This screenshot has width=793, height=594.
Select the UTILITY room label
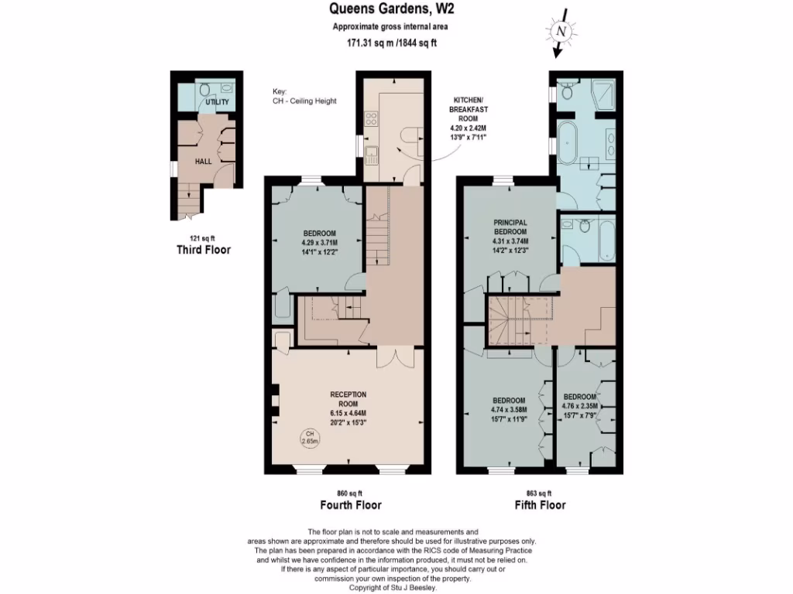pyautogui.click(x=217, y=102)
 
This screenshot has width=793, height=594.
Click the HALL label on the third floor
pyautogui.click(x=204, y=161)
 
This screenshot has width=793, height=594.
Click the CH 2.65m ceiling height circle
pyautogui.click(x=310, y=437)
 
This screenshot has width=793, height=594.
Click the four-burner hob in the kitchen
pyautogui.click(x=371, y=119)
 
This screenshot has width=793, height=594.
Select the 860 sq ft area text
pyautogui.click(x=350, y=493)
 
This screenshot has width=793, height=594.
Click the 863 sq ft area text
pyautogui.click(x=539, y=493)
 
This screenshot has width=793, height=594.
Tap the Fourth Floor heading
pyautogui.click(x=350, y=505)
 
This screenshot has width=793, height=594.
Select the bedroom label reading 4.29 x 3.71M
pyautogui.click(x=319, y=242)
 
